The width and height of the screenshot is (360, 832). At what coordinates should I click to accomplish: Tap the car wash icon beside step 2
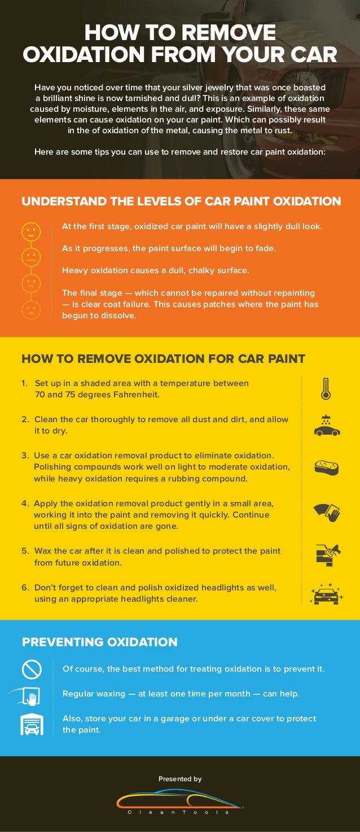[327, 426]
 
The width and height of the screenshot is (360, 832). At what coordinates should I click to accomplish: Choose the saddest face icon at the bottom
[30, 309]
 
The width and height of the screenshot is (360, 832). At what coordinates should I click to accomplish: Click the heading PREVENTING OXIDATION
[99, 642]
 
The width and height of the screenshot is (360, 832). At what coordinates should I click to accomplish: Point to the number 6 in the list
[25, 588]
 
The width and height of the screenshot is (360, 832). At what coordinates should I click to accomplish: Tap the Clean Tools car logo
[179, 800]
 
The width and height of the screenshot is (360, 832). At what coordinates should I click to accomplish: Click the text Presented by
[180, 779]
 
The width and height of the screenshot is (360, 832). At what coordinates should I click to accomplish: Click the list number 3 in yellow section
[25, 456]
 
